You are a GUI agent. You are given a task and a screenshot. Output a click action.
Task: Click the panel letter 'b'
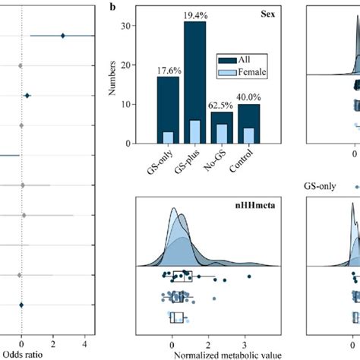tap(113, 7)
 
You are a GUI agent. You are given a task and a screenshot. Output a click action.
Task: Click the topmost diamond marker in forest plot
tap(63, 35)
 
